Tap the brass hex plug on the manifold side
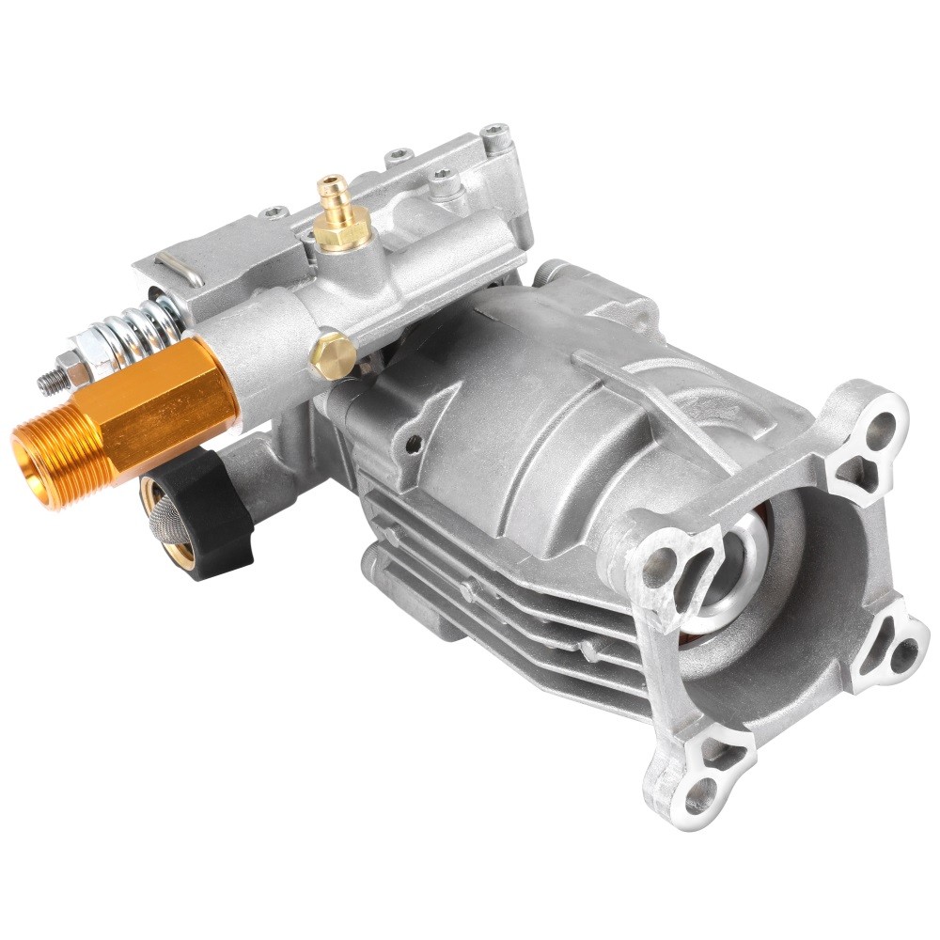tap(333, 354)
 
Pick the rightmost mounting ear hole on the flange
tap(903, 650)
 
